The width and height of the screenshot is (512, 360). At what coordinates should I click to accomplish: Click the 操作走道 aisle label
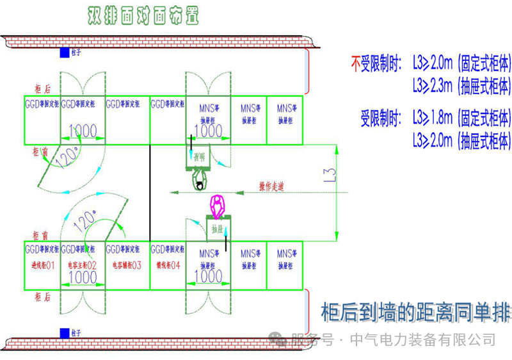point(271,186)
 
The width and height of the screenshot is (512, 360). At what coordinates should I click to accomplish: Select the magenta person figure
point(218,206)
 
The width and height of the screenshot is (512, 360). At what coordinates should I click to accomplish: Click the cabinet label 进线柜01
point(42,264)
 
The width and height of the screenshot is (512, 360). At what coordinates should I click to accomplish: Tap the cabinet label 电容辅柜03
point(126,264)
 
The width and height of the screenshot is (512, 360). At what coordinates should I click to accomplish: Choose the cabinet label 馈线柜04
point(168,264)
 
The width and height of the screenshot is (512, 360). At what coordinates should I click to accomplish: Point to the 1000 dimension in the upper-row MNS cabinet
point(208,131)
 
